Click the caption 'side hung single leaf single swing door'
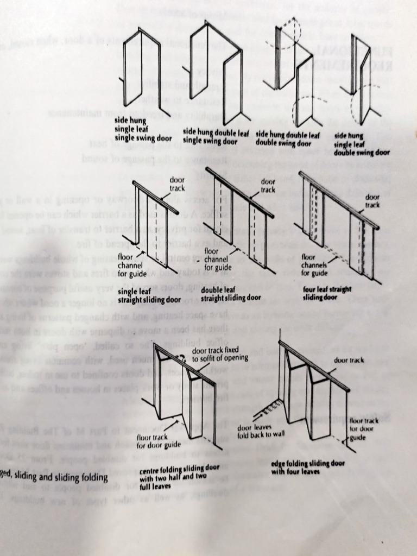pyautogui.click(x=142, y=129)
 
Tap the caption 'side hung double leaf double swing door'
pyautogui.click(x=287, y=138)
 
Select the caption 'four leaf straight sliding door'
pyautogui.click(x=327, y=293)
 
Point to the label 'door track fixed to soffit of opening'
pyautogui.click(x=220, y=353)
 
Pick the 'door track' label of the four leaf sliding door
pyautogui.click(x=372, y=201)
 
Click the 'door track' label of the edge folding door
pyautogui.click(x=349, y=360)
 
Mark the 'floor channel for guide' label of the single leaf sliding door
pyautogui.click(x=129, y=264)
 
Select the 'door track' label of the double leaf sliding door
pyautogui.click(x=268, y=185)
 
